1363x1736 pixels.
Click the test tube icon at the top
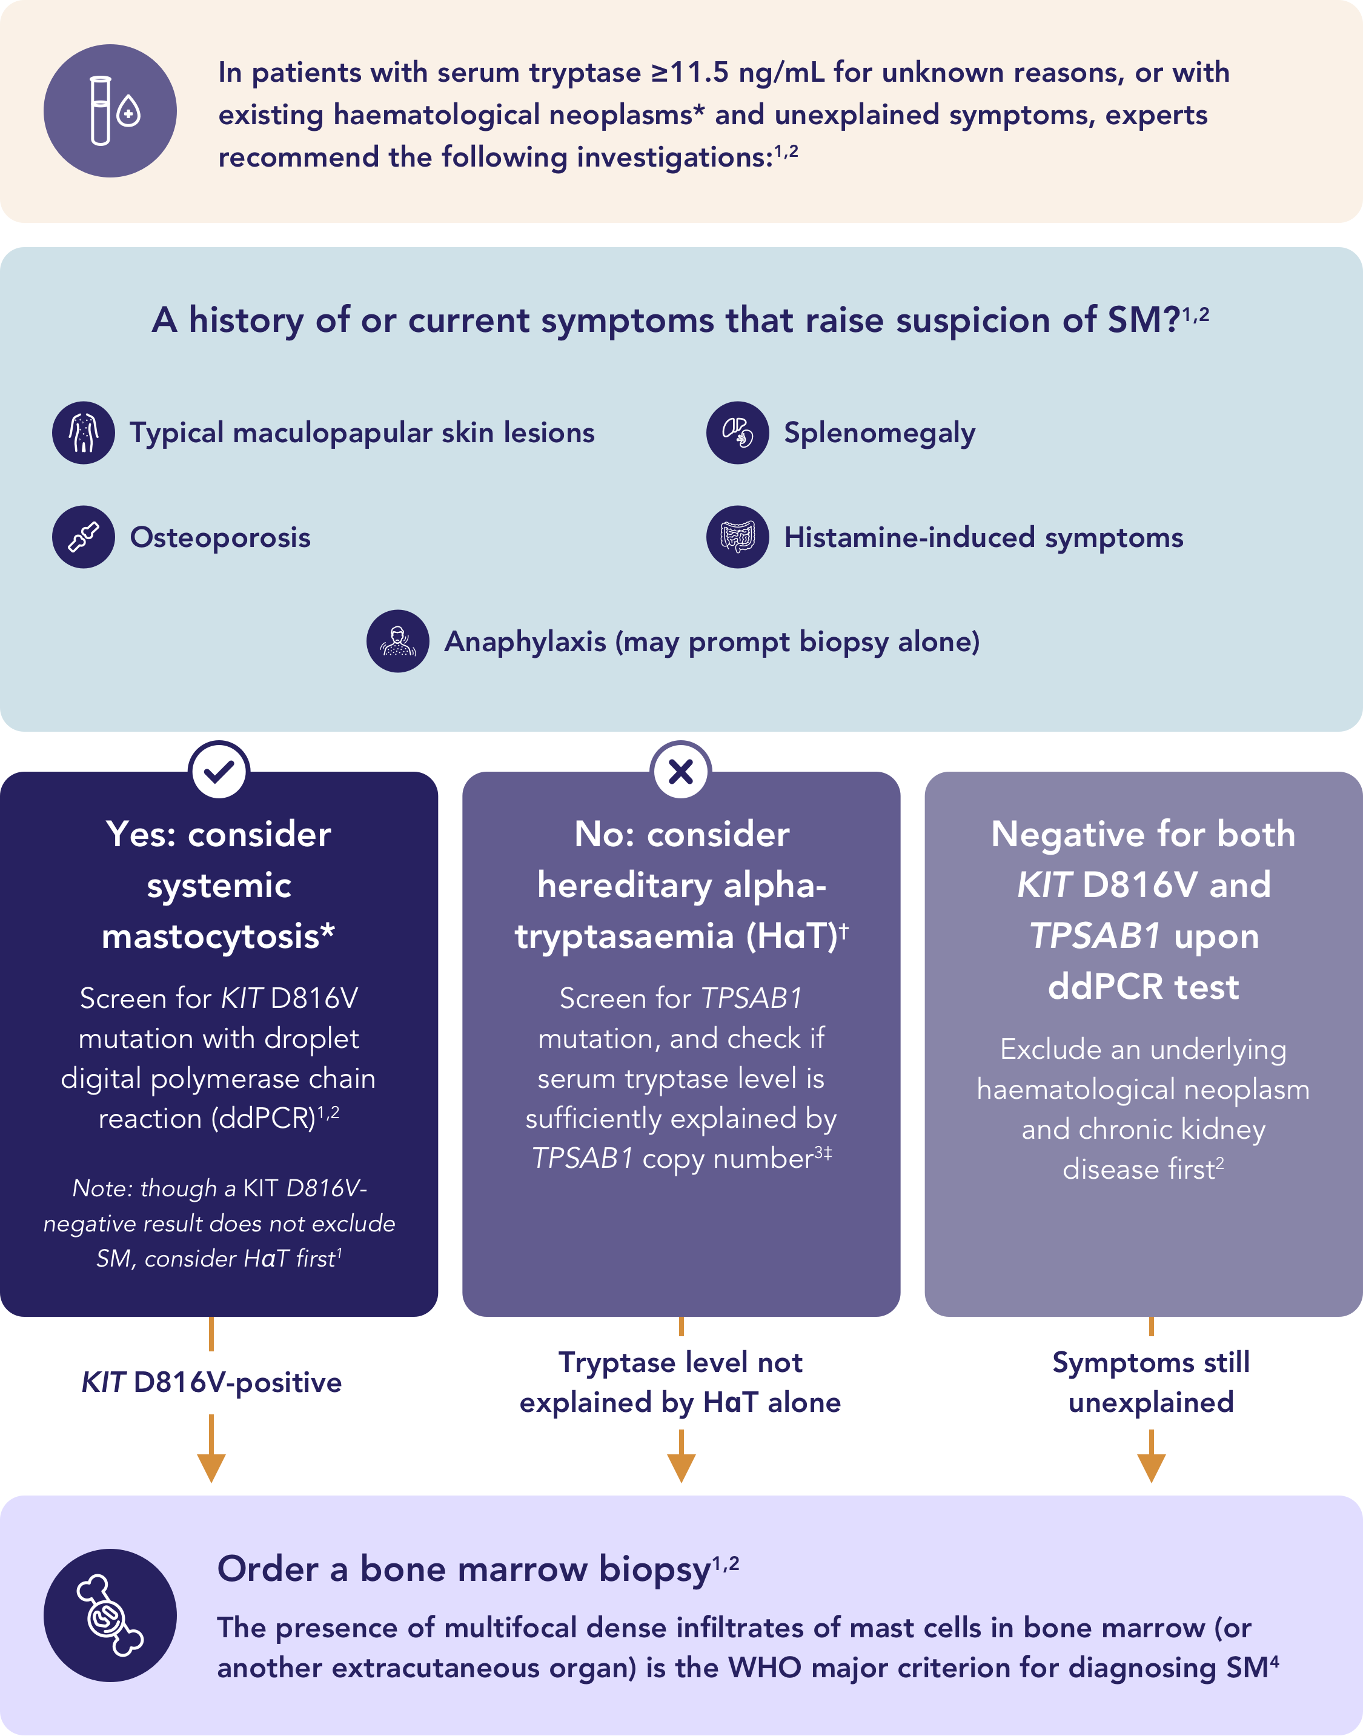click(110, 111)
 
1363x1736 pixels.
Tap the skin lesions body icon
click(84, 432)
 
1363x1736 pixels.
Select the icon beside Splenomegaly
click(737, 432)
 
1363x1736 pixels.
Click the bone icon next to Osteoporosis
click(84, 537)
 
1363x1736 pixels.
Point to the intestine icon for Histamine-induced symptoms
click(737, 537)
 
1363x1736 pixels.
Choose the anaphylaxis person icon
click(397, 641)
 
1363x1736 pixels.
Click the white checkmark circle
click(219, 770)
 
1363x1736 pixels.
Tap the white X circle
click(681, 770)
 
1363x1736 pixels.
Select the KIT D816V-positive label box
click(211, 1383)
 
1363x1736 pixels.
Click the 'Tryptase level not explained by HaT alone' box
click(681, 1383)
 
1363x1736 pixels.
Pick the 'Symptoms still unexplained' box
click(1151, 1383)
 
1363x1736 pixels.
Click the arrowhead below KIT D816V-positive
click(211, 1467)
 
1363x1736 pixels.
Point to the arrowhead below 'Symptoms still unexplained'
click(1151, 1467)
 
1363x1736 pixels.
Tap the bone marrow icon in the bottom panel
click(110, 1615)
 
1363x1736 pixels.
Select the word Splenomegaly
click(880, 433)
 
